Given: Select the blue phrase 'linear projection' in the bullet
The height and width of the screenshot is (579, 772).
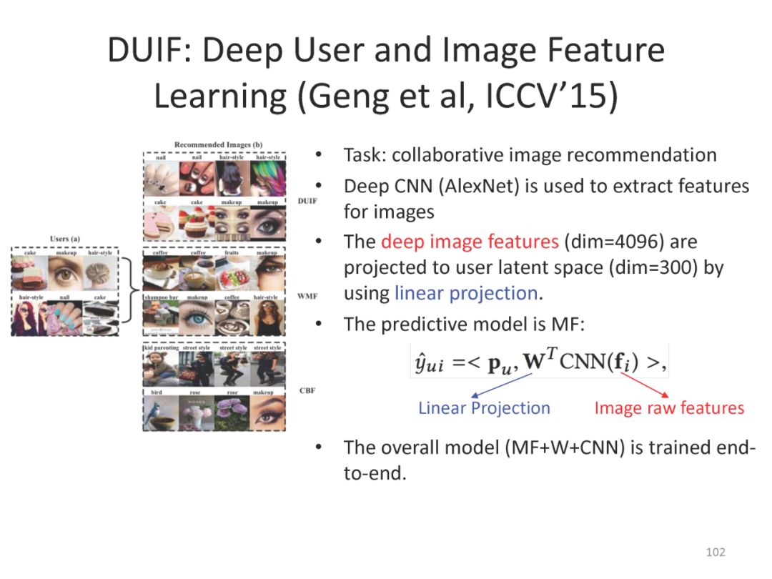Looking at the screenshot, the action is (x=465, y=293).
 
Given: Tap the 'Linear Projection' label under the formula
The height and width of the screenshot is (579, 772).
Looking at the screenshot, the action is (x=484, y=408).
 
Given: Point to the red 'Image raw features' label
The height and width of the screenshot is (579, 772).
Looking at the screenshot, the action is (x=669, y=408).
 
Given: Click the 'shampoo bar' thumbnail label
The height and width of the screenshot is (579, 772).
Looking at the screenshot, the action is (x=159, y=297).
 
